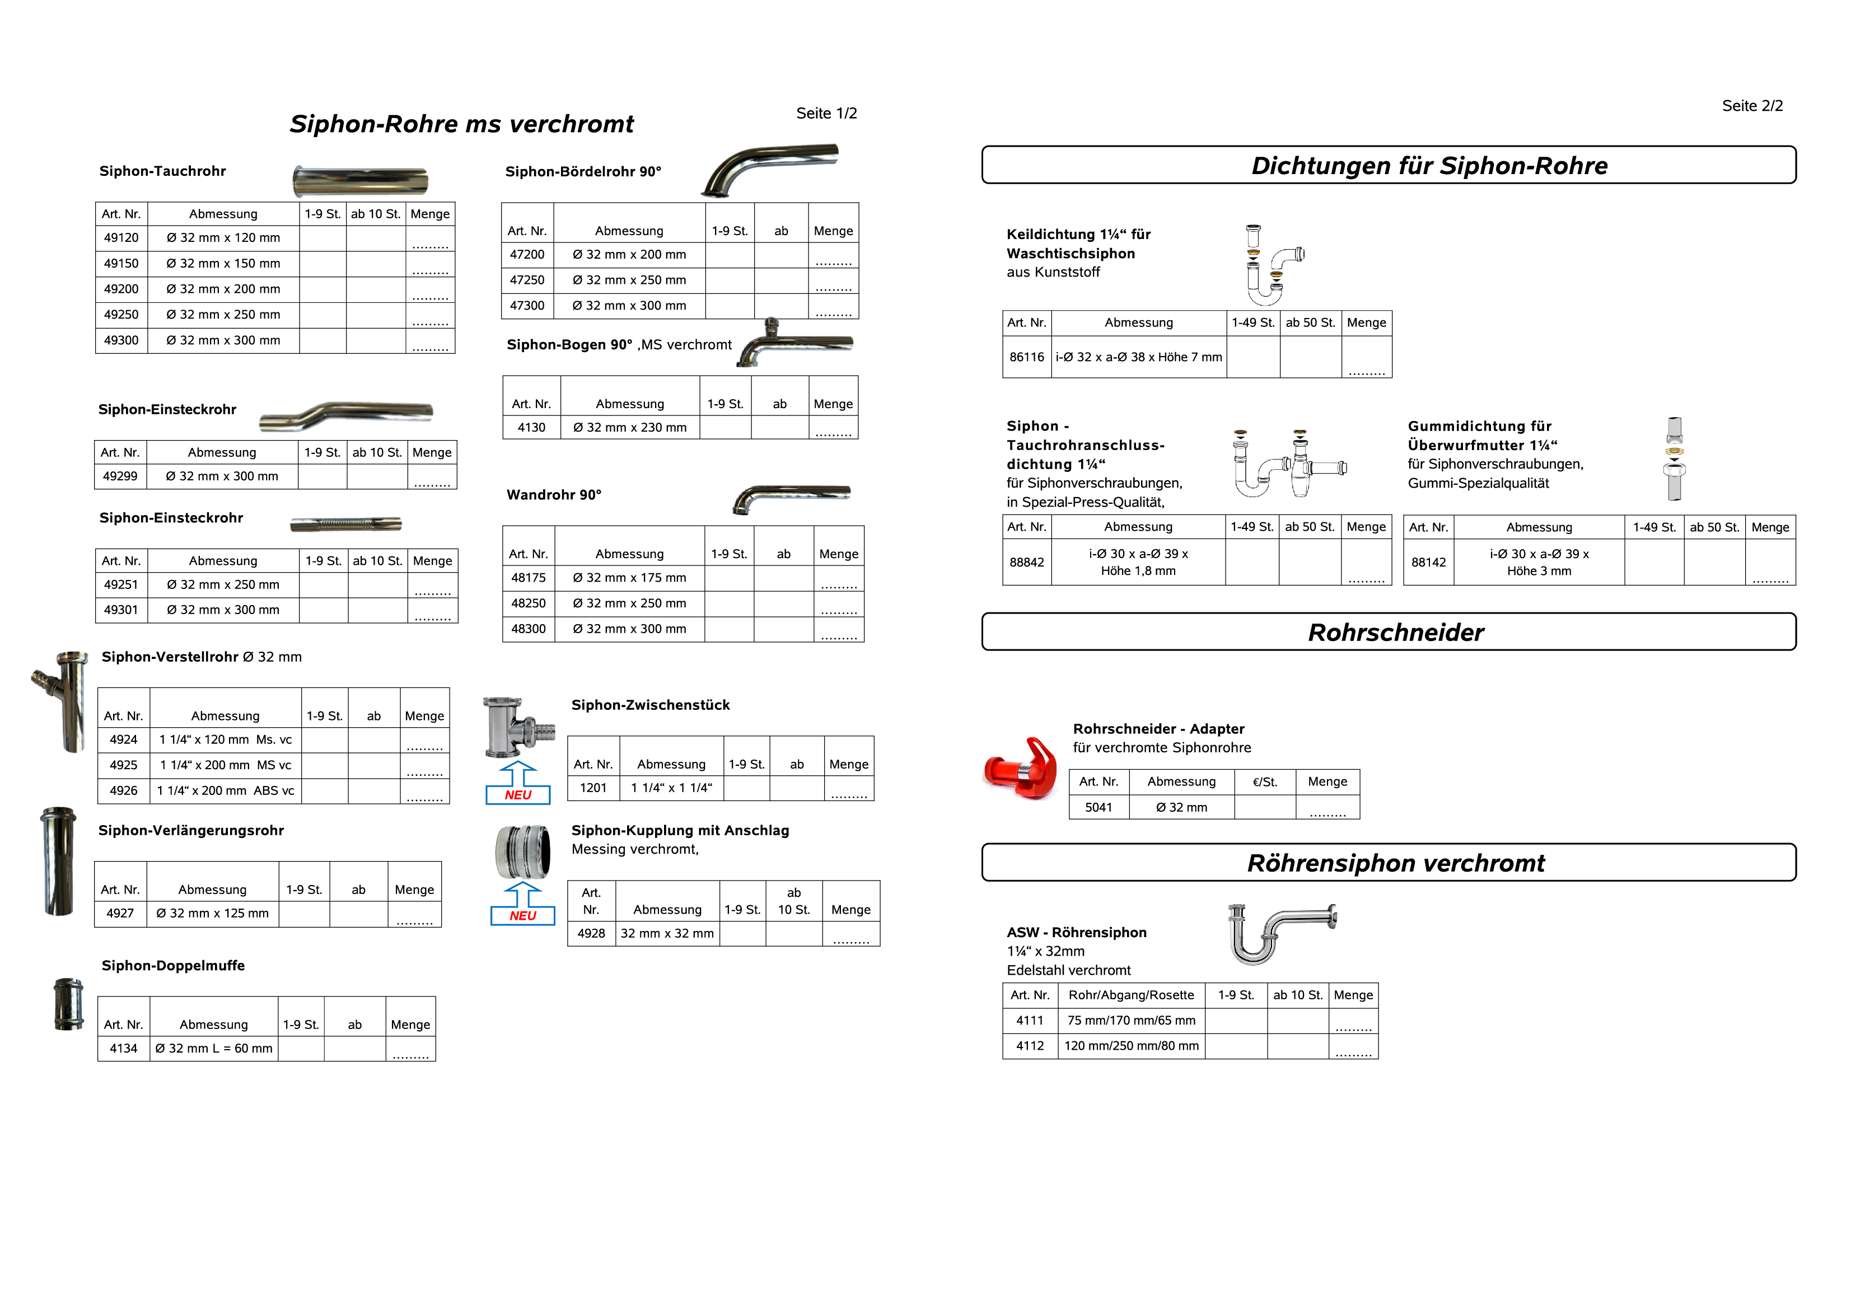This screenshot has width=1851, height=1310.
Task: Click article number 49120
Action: [121, 238]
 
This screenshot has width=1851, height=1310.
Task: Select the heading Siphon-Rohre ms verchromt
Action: [461, 124]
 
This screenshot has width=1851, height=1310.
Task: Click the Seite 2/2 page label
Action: [1752, 106]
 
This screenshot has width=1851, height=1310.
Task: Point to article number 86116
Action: [1027, 357]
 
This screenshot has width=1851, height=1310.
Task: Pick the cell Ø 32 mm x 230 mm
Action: [630, 428]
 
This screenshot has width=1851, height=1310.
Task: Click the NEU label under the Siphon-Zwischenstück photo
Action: [518, 796]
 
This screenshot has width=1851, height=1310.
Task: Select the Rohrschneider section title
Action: [1395, 633]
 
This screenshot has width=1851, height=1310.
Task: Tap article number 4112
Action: [1030, 1046]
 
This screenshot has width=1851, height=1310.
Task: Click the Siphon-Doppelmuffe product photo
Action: [68, 1004]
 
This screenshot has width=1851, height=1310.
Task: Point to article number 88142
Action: [1428, 562]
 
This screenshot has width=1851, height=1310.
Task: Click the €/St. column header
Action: [1265, 782]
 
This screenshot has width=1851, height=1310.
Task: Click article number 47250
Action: [527, 280]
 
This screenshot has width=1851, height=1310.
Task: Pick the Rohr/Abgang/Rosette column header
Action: [1131, 995]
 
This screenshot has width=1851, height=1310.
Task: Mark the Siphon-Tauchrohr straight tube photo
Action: [361, 181]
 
